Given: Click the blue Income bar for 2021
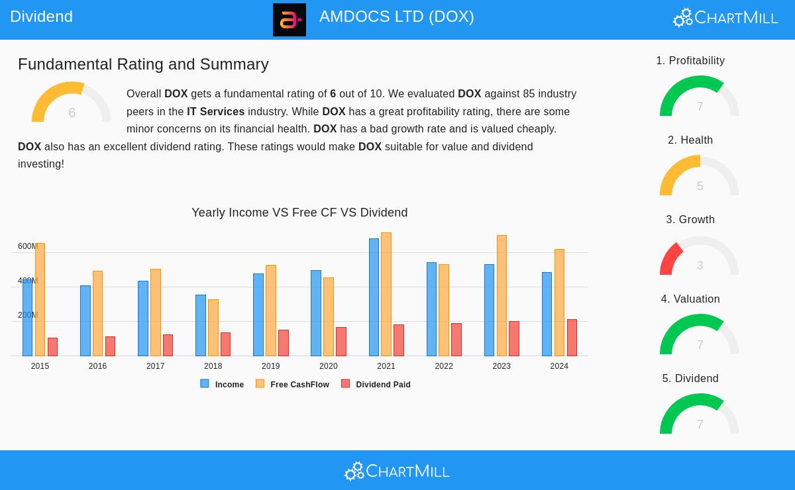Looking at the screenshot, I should click(x=374, y=297).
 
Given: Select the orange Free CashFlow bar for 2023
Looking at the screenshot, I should click(x=502, y=295).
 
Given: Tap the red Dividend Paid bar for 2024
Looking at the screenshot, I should click(x=572, y=338).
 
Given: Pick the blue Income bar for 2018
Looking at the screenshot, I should click(x=200, y=325).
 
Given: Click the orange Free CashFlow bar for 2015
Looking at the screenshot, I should click(x=40, y=299).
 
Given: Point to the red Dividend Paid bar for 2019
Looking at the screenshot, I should click(x=284, y=343).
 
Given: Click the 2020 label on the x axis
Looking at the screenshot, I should click(x=328, y=366).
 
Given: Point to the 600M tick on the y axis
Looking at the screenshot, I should click(x=27, y=246).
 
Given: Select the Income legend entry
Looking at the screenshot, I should click(x=223, y=384).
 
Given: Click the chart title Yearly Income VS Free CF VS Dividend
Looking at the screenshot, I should click(x=299, y=213).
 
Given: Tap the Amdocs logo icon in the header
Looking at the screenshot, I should click(x=290, y=20).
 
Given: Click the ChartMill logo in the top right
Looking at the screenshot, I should click(x=725, y=17).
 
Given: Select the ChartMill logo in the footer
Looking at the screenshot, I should click(x=397, y=471).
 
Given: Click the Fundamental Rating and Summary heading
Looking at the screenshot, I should click(x=143, y=64).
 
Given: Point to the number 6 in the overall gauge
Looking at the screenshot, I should click(x=72, y=113).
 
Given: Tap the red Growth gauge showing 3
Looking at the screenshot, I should click(x=699, y=257).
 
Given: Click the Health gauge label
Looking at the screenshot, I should click(x=690, y=140).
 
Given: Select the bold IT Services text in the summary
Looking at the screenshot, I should click(x=215, y=112).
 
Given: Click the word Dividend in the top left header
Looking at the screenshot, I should click(x=41, y=17).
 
